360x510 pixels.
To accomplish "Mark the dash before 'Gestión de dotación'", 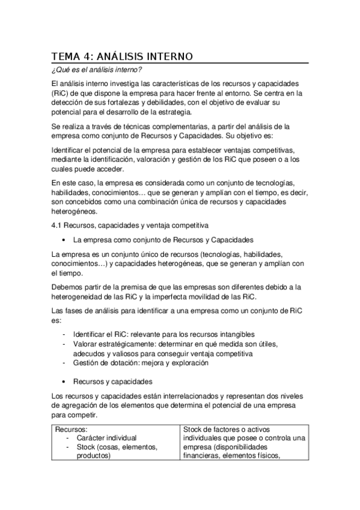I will coord(64,363).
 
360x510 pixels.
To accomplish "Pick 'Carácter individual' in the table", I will coord(106,438).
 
